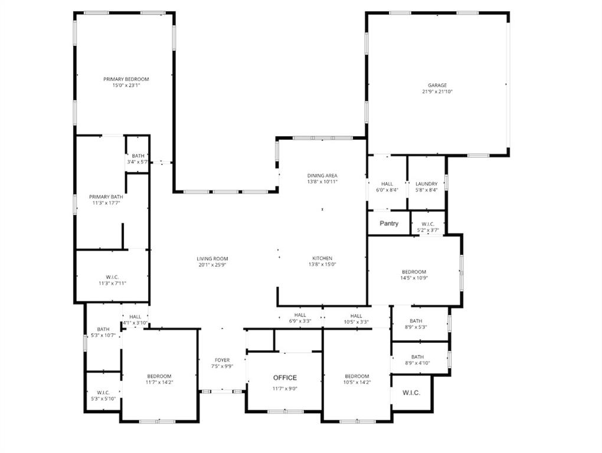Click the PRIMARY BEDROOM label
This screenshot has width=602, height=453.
click(x=126, y=79)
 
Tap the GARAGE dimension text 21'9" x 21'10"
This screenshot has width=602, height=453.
click(x=437, y=91)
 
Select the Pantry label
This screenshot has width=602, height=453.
click(x=389, y=224)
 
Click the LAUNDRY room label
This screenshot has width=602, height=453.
click(x=426, y=183)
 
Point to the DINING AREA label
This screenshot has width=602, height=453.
click(x=322, y=176)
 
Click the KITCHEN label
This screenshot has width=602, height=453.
click(x=322, y=258)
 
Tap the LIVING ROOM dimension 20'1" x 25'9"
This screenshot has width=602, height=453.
click(x=212, y=265)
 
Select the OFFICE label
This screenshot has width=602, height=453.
click(x=284, y=377)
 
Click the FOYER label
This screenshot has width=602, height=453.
click(x=222, y=360)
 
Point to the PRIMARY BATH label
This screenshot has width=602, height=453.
click(x=106, y=196)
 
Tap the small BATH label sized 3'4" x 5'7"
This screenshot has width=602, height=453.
click(x=138, y=156)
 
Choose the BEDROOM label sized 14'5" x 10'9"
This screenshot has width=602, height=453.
click(x=414, y=272)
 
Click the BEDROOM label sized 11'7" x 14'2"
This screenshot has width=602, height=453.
click(x=159, y=376)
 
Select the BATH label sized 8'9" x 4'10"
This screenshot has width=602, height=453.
click(x=417, y=357)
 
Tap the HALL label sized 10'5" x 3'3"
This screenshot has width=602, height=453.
click(x=356, y=316)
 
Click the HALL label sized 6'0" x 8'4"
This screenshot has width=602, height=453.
click(x=387, y=183)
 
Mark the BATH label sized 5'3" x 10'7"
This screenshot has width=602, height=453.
click(x=103, y=329)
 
